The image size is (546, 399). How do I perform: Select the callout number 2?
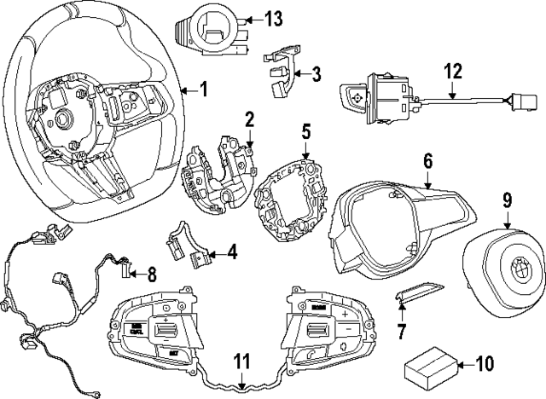249,118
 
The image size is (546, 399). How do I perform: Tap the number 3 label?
316,73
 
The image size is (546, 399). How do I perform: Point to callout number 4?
232,252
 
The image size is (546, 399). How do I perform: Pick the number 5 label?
306,133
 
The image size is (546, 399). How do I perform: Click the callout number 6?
427,159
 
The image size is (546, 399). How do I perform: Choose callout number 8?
151,275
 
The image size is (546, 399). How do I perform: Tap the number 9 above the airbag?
506,201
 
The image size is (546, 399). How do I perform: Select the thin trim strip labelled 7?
417,292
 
